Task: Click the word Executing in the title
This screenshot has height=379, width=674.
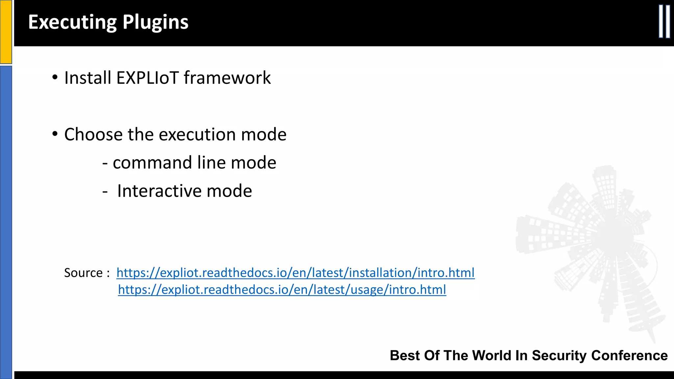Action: click(72, 22)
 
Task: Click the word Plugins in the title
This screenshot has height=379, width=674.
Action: click(155, 22)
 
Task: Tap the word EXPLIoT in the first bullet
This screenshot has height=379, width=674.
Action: click(147, 78)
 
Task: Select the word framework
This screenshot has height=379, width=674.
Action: click(227, 78)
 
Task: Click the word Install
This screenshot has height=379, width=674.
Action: click(88, 78)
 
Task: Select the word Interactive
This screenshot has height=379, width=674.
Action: click(160, 191)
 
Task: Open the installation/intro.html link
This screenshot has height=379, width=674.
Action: click(295, 273)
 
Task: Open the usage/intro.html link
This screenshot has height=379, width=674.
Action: click(282, 290)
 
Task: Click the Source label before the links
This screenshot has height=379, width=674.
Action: click(84, 273)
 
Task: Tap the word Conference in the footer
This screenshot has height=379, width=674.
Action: click(629, 356)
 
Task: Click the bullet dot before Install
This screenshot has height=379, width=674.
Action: click(55, 78)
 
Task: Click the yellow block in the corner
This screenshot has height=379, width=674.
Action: click(6, 31)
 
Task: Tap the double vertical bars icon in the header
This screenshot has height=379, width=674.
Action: click(664, 22)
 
